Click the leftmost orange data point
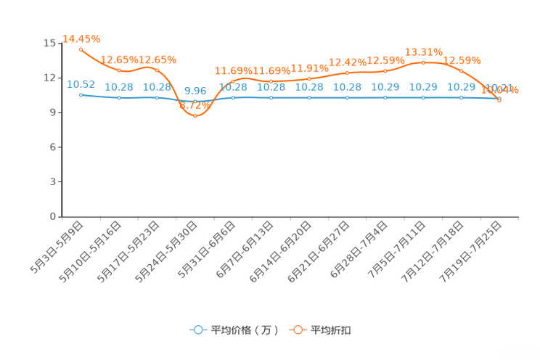coord(81,49)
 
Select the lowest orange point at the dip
coord(195,115)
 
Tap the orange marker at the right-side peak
coord(423,62)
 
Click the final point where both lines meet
coord(499,99)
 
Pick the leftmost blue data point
coord(81,94)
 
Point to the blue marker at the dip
coord(195,102)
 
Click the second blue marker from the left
coord(119,98)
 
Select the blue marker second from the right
coord(462,97)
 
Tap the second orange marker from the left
coord(119,70)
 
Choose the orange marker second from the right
coord(462,70)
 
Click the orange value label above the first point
coord(81,38)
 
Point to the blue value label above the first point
coord(81,84)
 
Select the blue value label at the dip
coord(195,91)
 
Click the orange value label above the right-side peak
coord(424,52)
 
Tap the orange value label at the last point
coord(502,90)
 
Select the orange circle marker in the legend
coord(297,330)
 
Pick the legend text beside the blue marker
coord(244,330)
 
